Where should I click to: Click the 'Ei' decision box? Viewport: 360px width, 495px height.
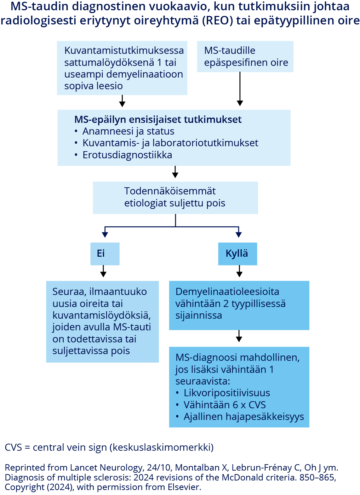[105, 254]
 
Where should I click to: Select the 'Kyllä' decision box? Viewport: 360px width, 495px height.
[237, 254]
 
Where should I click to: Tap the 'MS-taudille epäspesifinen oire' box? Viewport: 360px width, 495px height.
[245, 57]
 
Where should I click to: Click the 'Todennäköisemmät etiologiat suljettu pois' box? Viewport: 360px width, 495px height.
[175, 198]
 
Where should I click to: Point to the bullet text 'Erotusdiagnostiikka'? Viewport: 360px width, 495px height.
[127, 155]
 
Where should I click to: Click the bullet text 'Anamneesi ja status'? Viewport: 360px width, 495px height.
[128, 131]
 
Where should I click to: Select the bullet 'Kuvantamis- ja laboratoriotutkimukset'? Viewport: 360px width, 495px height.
[170, 143]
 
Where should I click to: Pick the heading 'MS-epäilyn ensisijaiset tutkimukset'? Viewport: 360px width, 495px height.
[158, 120]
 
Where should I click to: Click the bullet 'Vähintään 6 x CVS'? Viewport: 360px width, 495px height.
[224, 405]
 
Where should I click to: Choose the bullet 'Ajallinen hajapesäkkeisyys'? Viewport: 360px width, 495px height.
[244, 417]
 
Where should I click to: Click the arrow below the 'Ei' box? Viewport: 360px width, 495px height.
[103, 271]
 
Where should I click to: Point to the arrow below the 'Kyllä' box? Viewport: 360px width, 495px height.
[239, 271]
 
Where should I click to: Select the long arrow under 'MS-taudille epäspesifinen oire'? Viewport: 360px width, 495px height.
[240, 89]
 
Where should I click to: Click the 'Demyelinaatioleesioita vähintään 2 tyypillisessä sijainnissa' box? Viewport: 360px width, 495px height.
[239, 305]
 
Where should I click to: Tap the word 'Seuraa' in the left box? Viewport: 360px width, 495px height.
[69, 292]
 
